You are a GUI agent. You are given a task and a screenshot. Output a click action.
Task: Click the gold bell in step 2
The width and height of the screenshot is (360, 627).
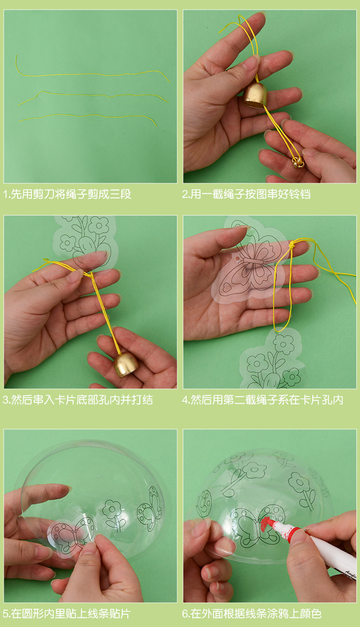click(255, 95)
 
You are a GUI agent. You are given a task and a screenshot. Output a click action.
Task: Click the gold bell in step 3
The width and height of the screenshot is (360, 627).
click(126, 365)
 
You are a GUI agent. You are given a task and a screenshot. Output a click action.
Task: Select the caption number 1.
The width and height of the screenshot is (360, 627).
click(5, 194)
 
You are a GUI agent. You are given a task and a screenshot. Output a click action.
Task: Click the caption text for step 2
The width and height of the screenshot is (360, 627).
click(247, 194)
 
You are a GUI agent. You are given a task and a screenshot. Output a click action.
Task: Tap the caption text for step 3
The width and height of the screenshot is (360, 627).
click(78, 400)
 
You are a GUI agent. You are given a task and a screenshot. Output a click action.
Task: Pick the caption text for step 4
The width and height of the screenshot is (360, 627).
click(262, 400)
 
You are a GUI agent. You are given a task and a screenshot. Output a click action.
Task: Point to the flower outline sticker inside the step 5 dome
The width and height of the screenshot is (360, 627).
click(113, 514)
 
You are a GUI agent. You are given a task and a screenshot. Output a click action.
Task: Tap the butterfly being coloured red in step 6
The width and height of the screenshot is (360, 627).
click(258, 523)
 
